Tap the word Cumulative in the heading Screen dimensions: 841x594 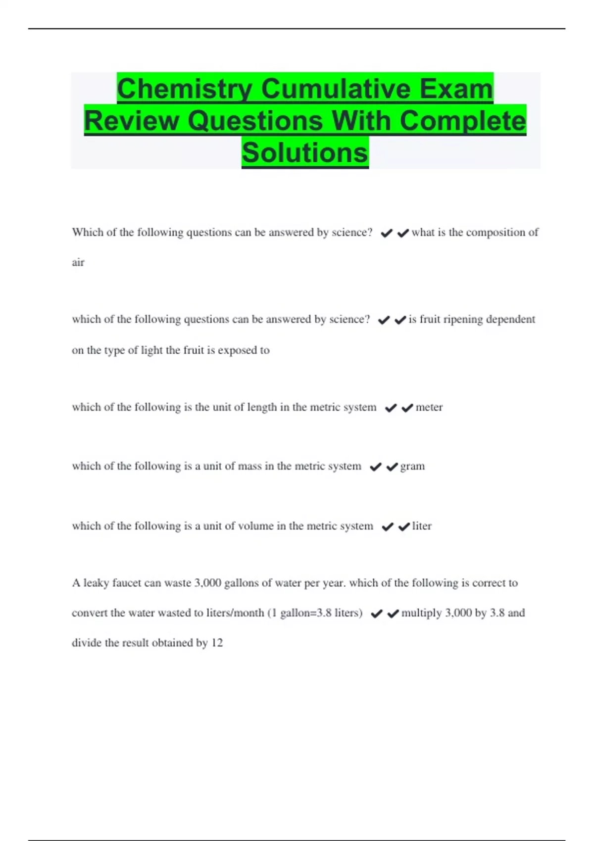pyautogui.click(x=337, y=89)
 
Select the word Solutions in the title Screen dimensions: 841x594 pyautogui.click(x=305, y=152)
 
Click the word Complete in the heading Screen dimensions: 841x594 pyautogui.click(x=462, y=121)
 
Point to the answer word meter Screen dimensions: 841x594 pyautogui.click(x=429, y=407)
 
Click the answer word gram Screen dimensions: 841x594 pyautogui.click(x=412, y=466)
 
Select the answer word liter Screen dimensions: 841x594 pyautogui.click(x=422, y=526)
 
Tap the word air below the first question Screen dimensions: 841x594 pyautogui.click(x=78, y=262)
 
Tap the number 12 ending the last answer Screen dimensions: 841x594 pyautogui.click(x=217, y=643)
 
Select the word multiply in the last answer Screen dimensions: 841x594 pyautogui.click(x=421, y=613)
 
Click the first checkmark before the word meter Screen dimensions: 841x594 pyautogui.click(x=391, y=408)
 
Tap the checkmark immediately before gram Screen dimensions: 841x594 pyautogui.click(x=392, y=467)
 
